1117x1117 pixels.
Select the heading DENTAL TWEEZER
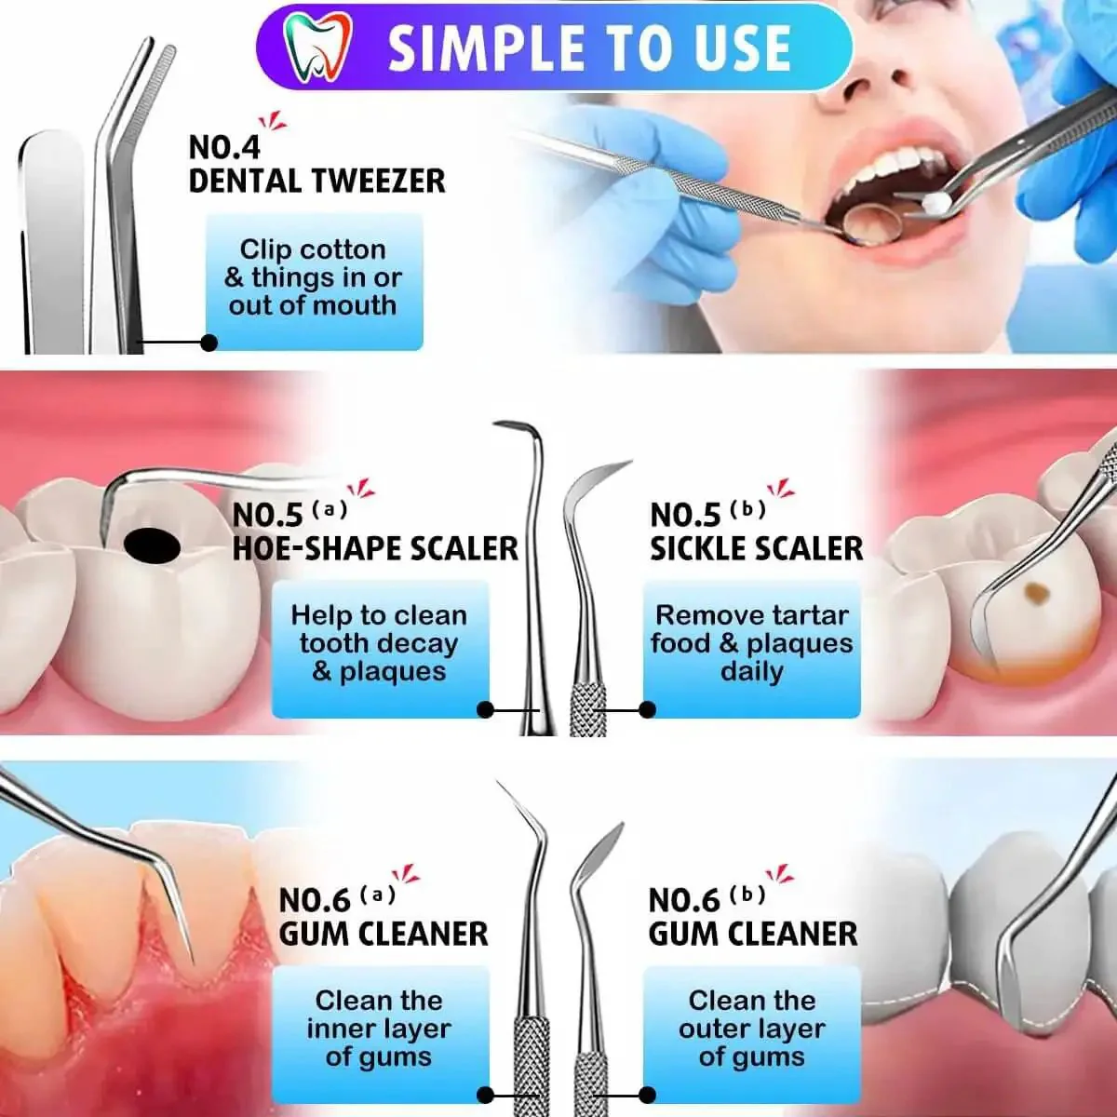[x=317, y=181]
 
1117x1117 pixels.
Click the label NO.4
[x=224, y=148]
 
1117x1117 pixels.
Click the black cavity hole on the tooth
[x=153, y=545]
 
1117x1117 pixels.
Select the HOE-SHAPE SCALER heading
[x=375, y=548]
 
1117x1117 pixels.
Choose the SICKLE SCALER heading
[x=757, y=548]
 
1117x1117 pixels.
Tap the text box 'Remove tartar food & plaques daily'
[x=752, y=649]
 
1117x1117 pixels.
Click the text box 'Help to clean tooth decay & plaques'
[x=381, y=649]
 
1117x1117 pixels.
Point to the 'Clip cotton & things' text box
[x=315, y=282]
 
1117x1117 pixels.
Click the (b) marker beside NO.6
[x=747, y=895]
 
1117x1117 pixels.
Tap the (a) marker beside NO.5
[x=330, y=509]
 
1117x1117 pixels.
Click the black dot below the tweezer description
[x=209, y=343]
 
